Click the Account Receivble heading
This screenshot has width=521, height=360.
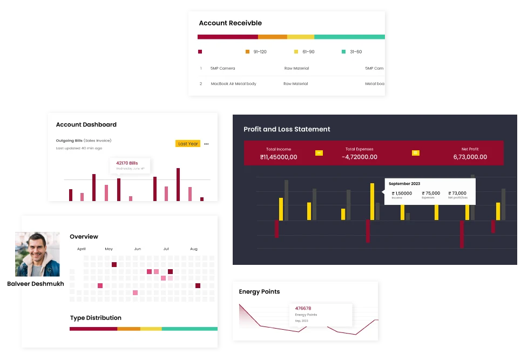tap(230, 23)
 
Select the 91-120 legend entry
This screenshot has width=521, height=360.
tap(256, 52)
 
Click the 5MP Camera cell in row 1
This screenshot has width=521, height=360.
tap(222, 69)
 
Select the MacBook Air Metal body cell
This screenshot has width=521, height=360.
tap(233, 84)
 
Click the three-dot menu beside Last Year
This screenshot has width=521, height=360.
tap(206, 144)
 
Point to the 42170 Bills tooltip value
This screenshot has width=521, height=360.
tap(127, 163)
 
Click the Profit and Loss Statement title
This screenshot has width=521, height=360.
tap(287, 129)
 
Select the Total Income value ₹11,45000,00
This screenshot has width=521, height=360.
tap(278, 157)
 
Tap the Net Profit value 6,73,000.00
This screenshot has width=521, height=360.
tap(470, 157)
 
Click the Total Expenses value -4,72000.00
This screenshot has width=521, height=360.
tap(359, 157)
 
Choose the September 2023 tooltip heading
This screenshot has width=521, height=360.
tap(404, 184)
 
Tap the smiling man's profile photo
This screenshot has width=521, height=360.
tap(36, 254)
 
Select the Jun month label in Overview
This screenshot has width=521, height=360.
tap(138, 249)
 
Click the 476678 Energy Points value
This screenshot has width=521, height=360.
tap(303, 309)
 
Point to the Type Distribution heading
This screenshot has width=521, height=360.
tap(96, 318)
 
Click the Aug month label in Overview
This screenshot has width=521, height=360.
tap(194, 249)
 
